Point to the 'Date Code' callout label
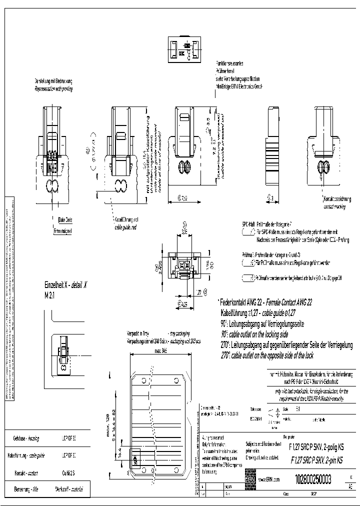click(65, 219)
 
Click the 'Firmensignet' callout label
click(63, 231)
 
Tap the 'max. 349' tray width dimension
click(160, 350)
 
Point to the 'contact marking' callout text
click(334, 205)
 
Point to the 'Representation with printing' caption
click(54, 88)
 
